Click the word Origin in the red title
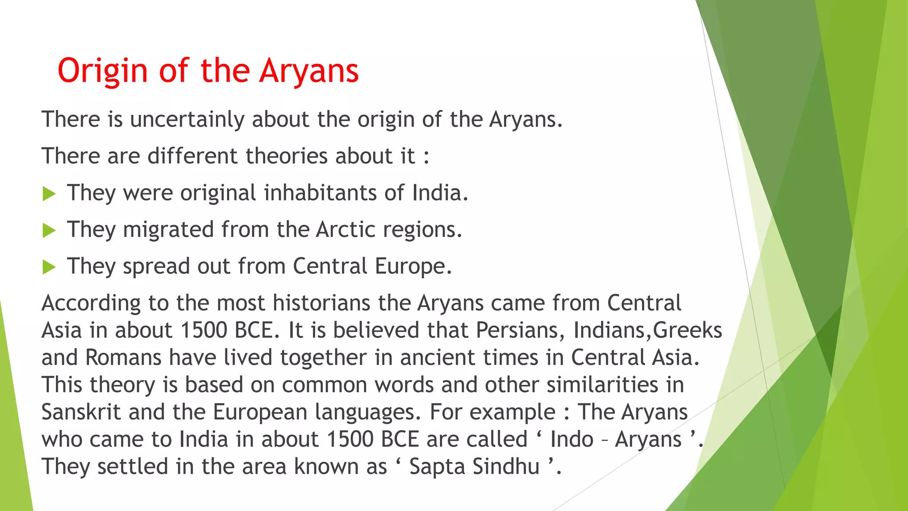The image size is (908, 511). tap(102, 71)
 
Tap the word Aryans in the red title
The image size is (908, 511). tap(309, 71)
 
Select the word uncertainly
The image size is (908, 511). tap(187, 120)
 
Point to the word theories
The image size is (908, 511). tap(286, 156)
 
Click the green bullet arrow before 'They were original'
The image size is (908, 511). tap(49, 194)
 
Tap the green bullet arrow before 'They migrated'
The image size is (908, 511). tap(49, 231)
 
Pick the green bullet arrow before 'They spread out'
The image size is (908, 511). tap(49, 267)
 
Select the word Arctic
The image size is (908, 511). tap(346, 230)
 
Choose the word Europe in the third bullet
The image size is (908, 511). tap(413, 267)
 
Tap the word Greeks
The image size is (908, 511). tap(688, 330)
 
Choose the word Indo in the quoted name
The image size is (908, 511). tap(571, 440)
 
